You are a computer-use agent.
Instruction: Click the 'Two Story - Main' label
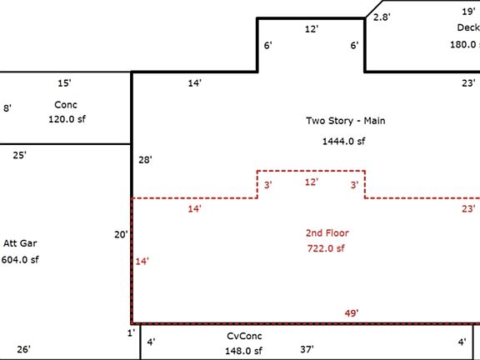pyautogui.click(x=345, y=121)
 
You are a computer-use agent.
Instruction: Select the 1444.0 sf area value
pyautogui.click(x=343, y=142)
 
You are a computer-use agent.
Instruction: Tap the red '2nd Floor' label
pyautogui.click(x=326, y=232)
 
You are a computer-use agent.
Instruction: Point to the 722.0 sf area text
pyautogui.click(x=326, y=248)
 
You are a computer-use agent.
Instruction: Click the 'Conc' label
pyautogui.click(x=65, y=105)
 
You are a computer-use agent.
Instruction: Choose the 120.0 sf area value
pyautogui.click(x=67, y=119)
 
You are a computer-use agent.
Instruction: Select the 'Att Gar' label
pyautogui.click(x=20, y=243)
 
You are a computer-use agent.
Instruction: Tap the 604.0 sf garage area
pyautogui.click(x=20, y=260)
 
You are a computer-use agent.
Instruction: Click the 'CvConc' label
pyautogui.click(x=243, y=336)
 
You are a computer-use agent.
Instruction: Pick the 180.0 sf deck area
pyautogui.click(x=463, y=44)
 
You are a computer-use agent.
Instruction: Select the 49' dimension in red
pyautogui.click(x=352, y=313)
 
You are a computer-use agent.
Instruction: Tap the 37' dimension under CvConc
pyautogui.click(x=307, y=349)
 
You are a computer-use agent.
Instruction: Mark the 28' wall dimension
pyautogui.click(x=145, y=159)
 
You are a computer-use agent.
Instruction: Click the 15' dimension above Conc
pyautogui.click(x=64, y=83)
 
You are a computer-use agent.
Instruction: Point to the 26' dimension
pyautogui.click(x=23, y=349)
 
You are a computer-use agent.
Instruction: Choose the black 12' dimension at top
pyautogui.click(x=312, y=29)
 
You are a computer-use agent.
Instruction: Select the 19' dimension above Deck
pyautogui.click(x=468, y=12)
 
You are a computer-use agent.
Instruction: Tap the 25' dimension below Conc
pyautogui.click(x=19, y=155)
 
